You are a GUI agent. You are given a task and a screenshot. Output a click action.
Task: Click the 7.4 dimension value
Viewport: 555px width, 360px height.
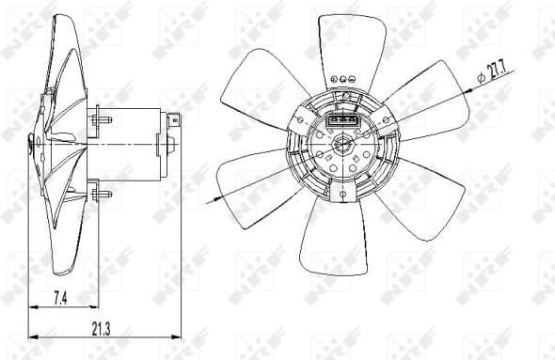(58, 298)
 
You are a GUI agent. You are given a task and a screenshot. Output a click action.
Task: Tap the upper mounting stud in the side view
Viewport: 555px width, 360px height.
(102, 119)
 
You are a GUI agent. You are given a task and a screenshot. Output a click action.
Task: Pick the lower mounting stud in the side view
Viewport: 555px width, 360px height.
(102, 195)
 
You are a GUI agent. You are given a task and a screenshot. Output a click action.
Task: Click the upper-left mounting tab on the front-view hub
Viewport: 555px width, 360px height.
(302, 117)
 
